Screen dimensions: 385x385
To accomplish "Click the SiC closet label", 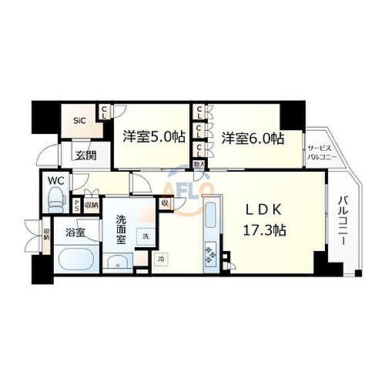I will pyautogui.click(x=79, y=121).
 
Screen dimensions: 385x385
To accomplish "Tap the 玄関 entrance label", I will pyautogui.click(x=85, y=155).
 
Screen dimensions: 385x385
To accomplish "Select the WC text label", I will pyautogui.click(x=55, y=182).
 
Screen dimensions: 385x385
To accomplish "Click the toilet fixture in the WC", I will pyautogui.click(x=56, y=201).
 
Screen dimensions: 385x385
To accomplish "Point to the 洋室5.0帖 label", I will pyautogui.click(x=153, y=137).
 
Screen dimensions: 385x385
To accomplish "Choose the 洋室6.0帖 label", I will pyautogui.click(x=253, y=138).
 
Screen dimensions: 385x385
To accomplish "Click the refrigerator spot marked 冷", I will pyautogui.click(x=161, y=259).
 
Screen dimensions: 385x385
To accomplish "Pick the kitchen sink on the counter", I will pyautogui.click(x=209, y=216).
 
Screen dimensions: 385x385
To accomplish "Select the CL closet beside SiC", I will pyautogui.click(x=103, y=113).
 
